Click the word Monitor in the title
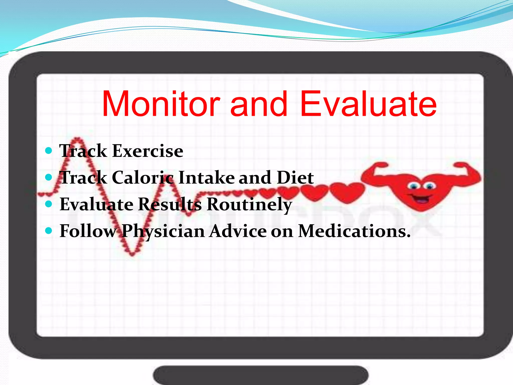tap(161, 104)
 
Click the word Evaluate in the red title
tap(368, 104)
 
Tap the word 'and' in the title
tap(259, 104)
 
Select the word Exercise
tap(148, 151)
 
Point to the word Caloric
tap(143, 178)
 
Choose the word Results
tap(170, 204)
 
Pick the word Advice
tap(238, 231)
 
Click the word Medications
tap(354, 231)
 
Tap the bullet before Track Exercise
tap(48, 151)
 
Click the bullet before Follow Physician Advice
tap(48, 231)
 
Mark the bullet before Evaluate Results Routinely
tap(48, 204)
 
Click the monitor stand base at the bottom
tap(261, 375)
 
